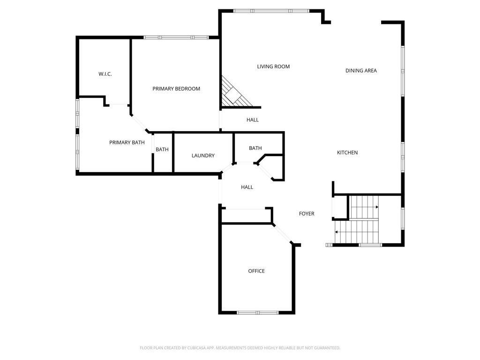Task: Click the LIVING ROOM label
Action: pyautogui.click(x=273, y=67)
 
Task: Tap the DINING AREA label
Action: pyautogui.click(x=361, y=71)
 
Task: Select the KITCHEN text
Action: pyautogui.click(x=347, y=153)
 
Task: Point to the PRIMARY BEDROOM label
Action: pyautogui.click(x=176, y=89)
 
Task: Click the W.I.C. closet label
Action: pyautogui.click(x=105, y=74)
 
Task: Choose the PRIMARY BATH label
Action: pyautogui.click(x=127, y=142)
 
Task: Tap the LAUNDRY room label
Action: pyautogui.click(x=203, y=156)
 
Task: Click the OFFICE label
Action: pyautogui.click(x=256, y=271)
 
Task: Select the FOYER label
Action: pyautogui.click(x=307, y=214)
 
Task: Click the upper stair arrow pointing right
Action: pyautogui.click(x=376, y=207)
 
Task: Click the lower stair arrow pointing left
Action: pyautogui.click(x=337, y=232)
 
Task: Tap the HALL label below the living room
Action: pyautogui.click(x=253, y=120)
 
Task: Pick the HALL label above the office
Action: pyautogui.click(x=247, y=187)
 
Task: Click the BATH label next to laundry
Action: pyautogui.click(x=162, y=150)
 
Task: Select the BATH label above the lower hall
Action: pyautogui.click(x=255, y=148)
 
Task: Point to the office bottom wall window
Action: pyautogui.click(x=257, y=312)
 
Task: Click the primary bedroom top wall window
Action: pyautogui.click(x=176, y=37)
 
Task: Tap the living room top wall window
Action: pyautogui.click(x=271, y=11)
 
